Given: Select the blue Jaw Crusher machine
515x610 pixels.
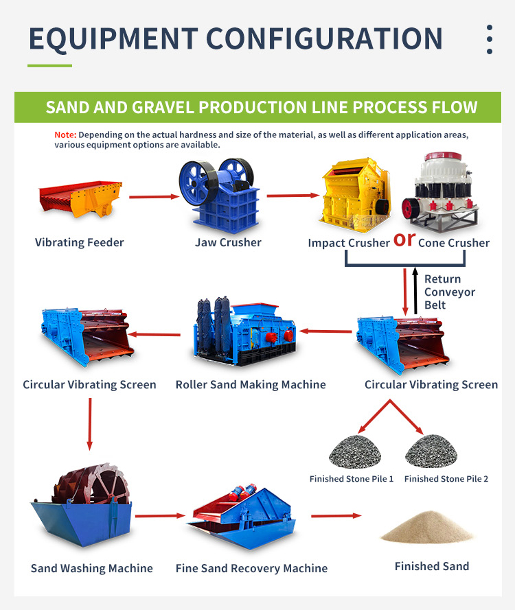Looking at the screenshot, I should [218, 194].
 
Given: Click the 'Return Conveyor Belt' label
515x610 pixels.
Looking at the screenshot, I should [450, 292].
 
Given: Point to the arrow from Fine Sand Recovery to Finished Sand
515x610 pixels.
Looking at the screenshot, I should [336, 515].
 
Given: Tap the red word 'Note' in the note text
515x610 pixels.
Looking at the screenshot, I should [65, 134].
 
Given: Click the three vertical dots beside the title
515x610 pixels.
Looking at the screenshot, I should [490, 40].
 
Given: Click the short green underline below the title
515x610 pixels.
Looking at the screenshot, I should [49, 66].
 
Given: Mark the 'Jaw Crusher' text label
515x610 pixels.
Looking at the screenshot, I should [228, 242].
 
